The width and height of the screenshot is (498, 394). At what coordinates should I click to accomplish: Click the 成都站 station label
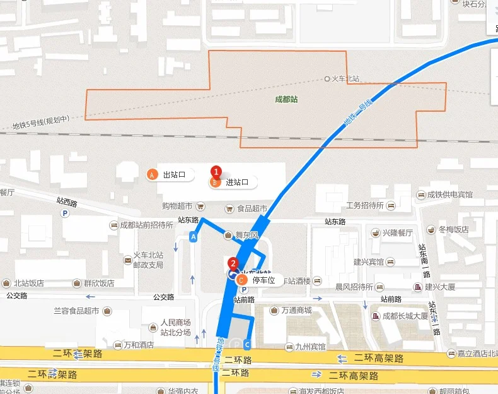click(x=286, y=99)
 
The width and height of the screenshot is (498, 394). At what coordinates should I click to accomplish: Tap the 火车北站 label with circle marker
click(x=342, y=79)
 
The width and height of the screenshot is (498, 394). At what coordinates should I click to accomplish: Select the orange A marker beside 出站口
click(x=151, y=175)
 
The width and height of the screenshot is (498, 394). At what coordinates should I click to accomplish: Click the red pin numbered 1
click(x=216, y=172)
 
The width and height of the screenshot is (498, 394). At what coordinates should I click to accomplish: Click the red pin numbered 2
click(x=233, y=263)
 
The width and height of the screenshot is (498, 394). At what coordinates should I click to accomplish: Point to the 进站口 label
click(x=237, y=182)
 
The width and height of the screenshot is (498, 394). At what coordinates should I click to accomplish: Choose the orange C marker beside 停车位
click(x=243, y=280)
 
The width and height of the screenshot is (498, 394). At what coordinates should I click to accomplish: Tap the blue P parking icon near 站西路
click(x=64, y=214)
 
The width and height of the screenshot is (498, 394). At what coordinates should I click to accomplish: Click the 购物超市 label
click(x=177, y=206)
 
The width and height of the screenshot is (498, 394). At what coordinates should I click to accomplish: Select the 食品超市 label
click(x=252, y=208)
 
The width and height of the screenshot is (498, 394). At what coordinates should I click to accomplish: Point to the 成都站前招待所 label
click(x=146, y=225)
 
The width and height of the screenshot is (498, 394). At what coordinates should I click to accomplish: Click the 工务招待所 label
click(x=364, y=205)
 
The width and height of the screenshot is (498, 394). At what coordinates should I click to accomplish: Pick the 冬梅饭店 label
click(x=453, y=229)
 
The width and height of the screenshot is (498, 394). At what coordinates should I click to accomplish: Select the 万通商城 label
click(x=296, y=310)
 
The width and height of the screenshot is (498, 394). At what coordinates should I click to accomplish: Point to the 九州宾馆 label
click(x=314, y=346)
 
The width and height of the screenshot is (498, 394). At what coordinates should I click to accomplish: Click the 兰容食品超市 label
click(x=76, y=311)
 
